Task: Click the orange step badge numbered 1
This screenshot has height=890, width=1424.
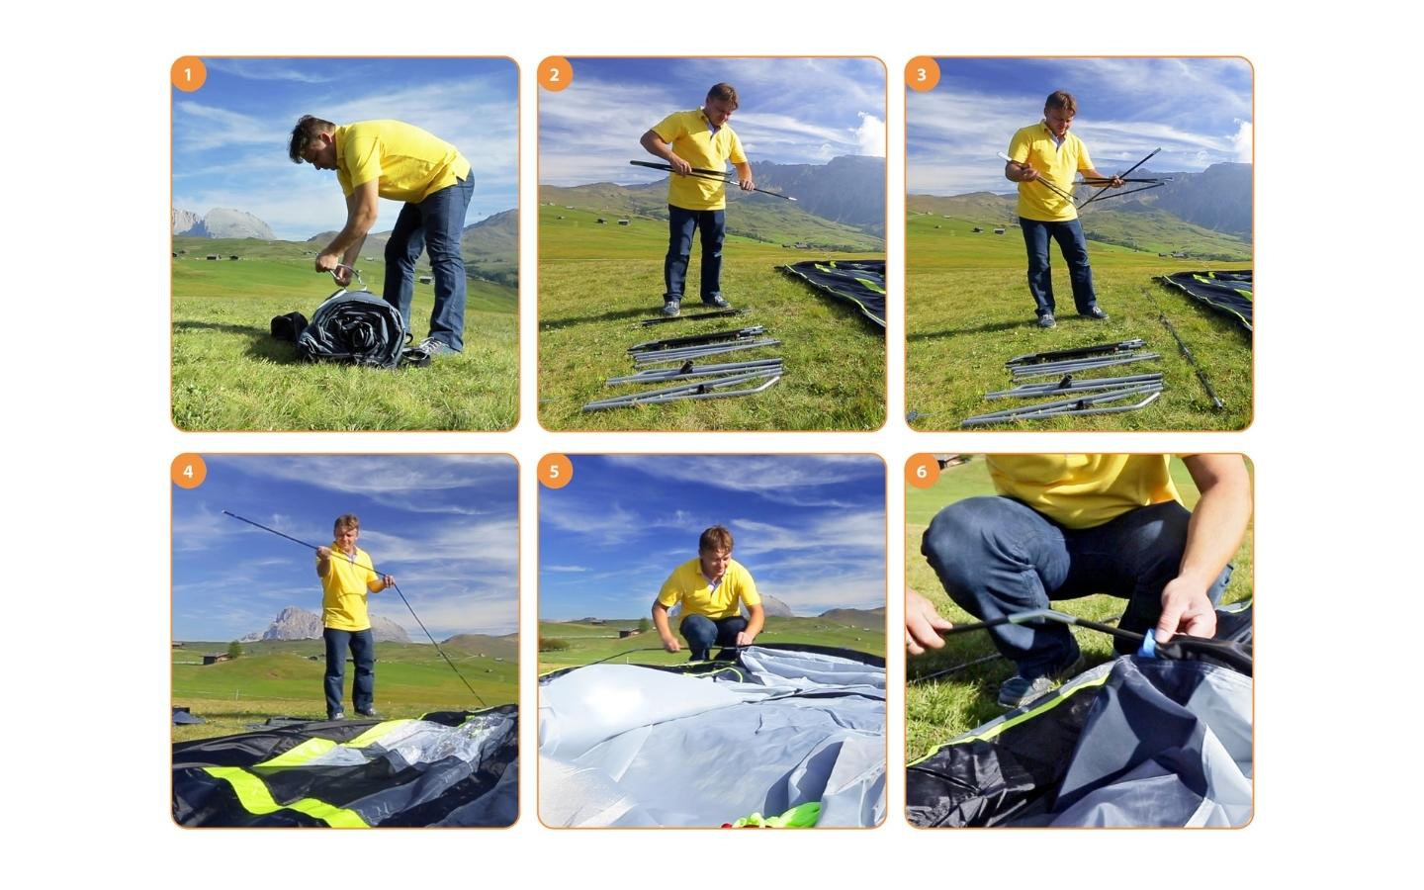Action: pos(188,75)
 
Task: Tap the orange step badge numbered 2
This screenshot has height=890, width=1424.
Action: pos(555,75)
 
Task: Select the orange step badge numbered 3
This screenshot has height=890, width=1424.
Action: pos(922,75)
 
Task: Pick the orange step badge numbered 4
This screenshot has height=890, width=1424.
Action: pos(188,472)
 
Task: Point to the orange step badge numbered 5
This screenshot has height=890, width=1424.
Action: pos(555,472)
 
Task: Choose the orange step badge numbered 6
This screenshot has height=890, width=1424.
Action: pos(922,472)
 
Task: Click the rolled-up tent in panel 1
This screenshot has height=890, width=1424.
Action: pos(353,328)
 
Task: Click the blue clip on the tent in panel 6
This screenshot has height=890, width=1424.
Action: pos(1150,644)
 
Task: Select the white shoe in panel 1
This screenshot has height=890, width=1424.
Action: pos(437,346)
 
